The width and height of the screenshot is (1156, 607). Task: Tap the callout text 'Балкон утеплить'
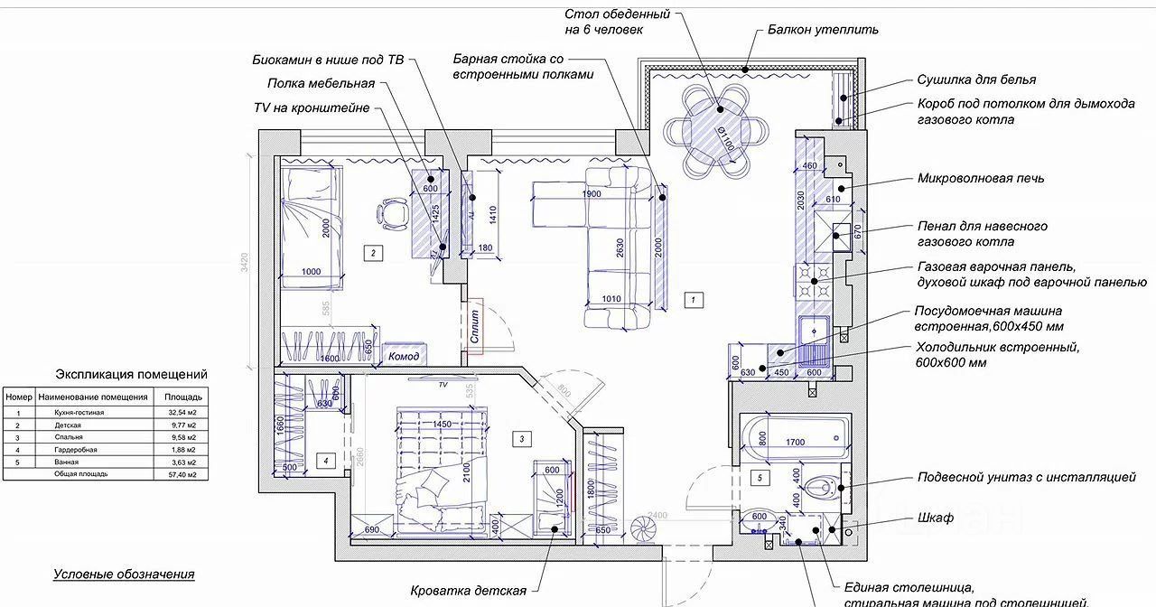pos(823,29)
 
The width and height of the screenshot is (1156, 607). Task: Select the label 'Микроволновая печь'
pos(981,178)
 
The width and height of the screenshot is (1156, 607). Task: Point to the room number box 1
pos(693,299)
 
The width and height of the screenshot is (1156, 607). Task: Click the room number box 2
pos(372,253)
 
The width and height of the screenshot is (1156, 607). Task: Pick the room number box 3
pos(522,439)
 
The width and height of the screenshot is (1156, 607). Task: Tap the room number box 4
pos(326,461)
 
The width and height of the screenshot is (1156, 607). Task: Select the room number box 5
pos(760,477)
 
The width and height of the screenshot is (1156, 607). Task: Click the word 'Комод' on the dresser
pos(404,357)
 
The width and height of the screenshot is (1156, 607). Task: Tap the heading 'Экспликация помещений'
pos(132,374)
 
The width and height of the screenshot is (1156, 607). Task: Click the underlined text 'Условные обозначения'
pos(124,574)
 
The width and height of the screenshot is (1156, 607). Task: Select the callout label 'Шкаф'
pos(936,518)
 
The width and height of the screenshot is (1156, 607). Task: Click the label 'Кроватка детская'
pos(468,591)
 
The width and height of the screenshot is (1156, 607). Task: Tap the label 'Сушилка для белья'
pos(976,79)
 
